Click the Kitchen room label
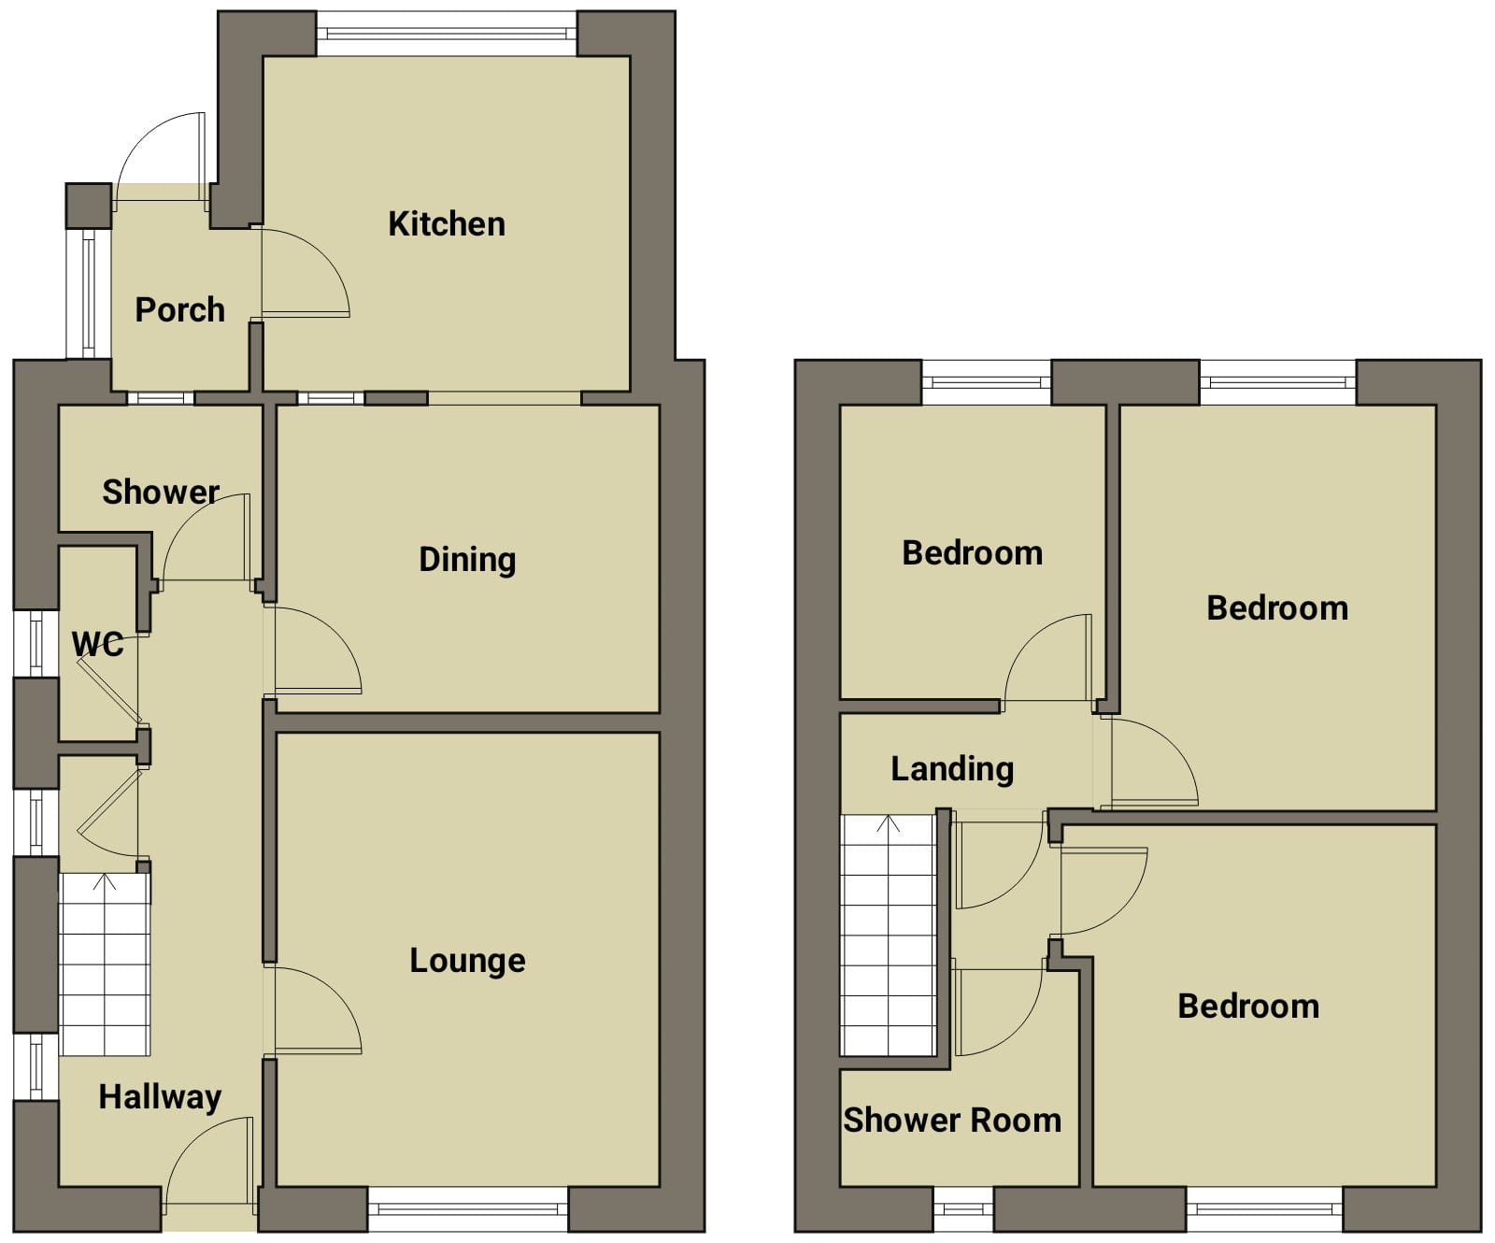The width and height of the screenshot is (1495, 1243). tap(447, 224)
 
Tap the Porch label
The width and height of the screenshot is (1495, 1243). tap(180, 309)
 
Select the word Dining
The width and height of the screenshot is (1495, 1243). tap(467, 560)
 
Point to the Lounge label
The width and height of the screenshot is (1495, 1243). tap(467, 961)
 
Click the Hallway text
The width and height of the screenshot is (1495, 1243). tap(160, 1097)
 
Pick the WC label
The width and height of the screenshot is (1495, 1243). tap(97, 644)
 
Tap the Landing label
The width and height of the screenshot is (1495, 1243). tap(952, 769)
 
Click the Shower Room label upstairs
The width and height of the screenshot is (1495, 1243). tap(952, 1120)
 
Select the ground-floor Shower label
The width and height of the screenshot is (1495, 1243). tap(161, 492)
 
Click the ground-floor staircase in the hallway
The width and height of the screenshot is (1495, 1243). tap(105, 964)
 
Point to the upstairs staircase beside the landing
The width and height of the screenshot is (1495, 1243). tap(888, 935)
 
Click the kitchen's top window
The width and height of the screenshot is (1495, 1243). tap(447, 34)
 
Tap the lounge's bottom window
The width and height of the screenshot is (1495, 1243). tap(468, 1209)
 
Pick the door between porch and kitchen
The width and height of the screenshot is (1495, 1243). tap(305, 273)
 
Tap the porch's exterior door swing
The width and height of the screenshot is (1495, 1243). tap(161, 157)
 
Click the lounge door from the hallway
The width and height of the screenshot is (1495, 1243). tap(313, 1010)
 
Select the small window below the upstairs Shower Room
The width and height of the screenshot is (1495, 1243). tap(963, 1209)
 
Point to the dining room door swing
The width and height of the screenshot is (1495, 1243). tap(313, 650)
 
